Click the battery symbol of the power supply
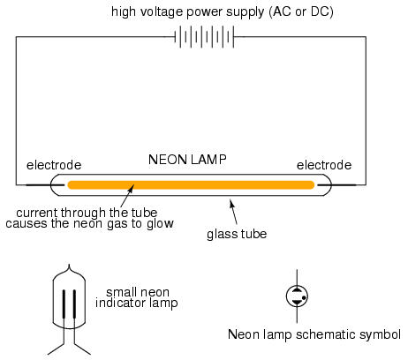205,37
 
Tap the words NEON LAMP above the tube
187,160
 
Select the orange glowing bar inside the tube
191,185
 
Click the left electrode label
54,165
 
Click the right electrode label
324,165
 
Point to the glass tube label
237,235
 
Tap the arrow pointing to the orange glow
128,195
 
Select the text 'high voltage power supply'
188,12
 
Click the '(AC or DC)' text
301,12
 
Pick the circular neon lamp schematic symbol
297,296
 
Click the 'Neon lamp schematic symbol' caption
314,334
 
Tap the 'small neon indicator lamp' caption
137,297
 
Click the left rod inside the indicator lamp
64,304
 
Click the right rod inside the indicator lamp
74,304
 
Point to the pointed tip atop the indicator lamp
69,265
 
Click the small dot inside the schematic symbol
304,297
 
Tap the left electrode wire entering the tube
45,185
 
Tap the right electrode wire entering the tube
336,185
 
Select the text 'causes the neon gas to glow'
89,223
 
